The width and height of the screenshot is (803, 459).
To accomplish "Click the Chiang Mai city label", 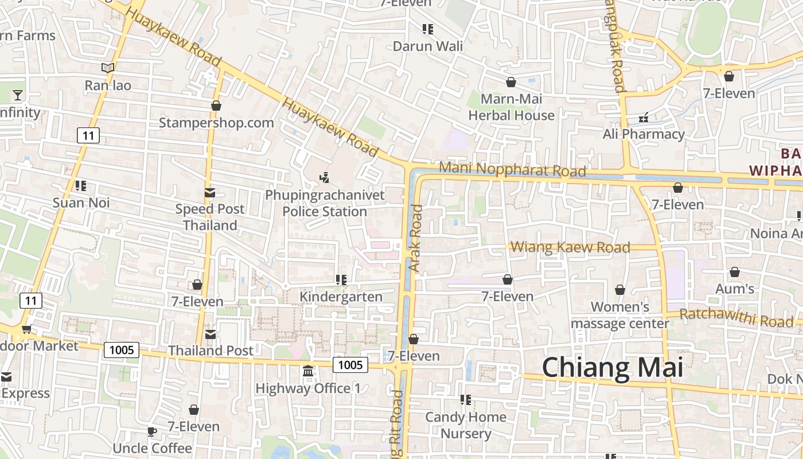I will (x=613, y=367).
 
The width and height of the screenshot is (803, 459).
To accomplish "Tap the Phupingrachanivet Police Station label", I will (x=325, y=203).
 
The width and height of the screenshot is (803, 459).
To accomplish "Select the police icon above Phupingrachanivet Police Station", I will (x=325, y=178).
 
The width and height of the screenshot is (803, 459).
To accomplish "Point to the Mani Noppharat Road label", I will (x=512, y=170).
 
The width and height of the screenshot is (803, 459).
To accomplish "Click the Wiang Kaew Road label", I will (x=570, y=247).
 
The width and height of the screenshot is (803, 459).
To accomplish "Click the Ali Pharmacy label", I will (x=644, y=134).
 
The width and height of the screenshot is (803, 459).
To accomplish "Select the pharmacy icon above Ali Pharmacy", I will (x=644, y=118).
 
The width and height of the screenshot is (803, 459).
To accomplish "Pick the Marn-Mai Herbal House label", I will (x=511, y=107).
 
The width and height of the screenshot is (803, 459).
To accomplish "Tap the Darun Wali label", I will (x=427, y=46).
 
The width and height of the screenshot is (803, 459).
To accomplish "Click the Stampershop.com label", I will (x=216, y=123).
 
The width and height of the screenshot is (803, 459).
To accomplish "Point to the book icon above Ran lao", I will (x=108, y=68).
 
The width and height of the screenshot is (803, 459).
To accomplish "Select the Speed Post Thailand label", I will (x=210, y=217).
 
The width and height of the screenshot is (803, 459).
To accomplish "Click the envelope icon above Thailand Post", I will (x=211, y=334).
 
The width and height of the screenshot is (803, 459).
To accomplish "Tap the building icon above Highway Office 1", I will (x=308, y=372).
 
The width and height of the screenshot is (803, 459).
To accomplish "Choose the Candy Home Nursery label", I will (x=466, y=425).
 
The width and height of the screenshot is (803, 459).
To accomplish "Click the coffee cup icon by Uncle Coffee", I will (x=151, y=431).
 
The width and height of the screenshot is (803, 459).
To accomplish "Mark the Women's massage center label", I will (x=619, y=315).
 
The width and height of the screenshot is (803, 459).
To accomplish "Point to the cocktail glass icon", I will (x=18, y=95).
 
